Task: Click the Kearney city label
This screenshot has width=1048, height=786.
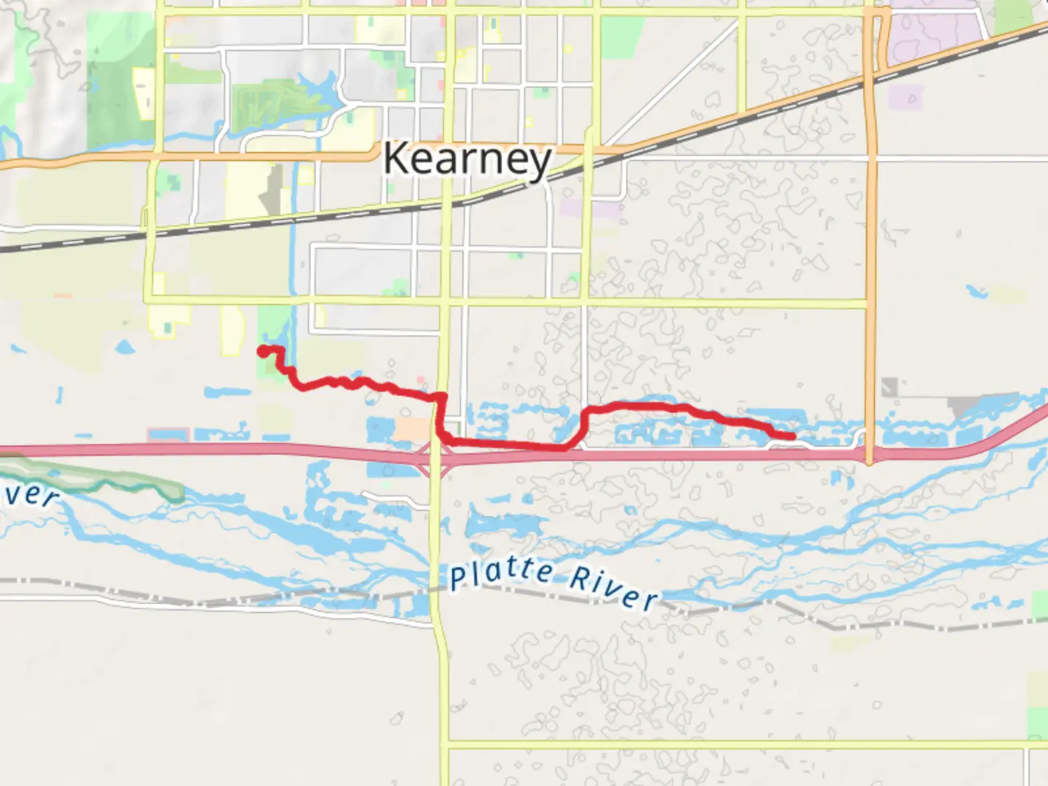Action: (x=467, y=159)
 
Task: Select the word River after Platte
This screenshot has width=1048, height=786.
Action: (x=613, y=588)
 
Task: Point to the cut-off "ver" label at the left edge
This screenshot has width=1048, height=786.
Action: (x=29, y=493)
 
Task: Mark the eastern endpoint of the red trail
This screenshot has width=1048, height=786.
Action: (x=792, y=436)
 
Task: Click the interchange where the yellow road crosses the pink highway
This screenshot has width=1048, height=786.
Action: (x=435, y=456)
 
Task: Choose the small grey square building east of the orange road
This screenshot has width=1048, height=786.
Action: (x=889, y=387)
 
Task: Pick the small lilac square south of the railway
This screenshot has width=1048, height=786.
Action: (x=904, y=97)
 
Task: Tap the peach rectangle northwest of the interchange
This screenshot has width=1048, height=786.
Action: (x=410, y=429)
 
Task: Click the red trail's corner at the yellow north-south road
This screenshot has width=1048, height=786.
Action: (x=440, y=397)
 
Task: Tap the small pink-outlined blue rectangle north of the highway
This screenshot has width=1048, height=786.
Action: (x=167, y=435)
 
